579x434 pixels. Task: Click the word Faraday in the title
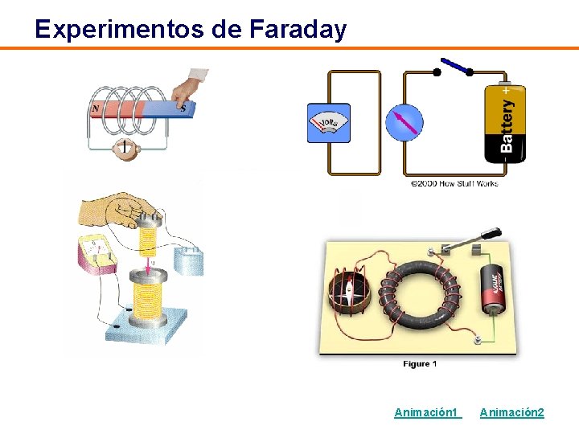[x=298, y=30]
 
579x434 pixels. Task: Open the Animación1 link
[x=426, y=412]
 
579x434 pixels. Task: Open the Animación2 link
[x=511, y=412]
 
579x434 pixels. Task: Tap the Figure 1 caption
[x=420, y=364]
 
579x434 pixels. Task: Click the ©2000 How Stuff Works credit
[x=454, y=183]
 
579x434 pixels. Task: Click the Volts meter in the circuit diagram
[x=329, y=123]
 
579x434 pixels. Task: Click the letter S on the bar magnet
[x=183, y=108]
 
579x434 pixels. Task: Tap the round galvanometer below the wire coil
[x=125, y=148]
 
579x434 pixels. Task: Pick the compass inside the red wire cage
[x=347, y=290]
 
